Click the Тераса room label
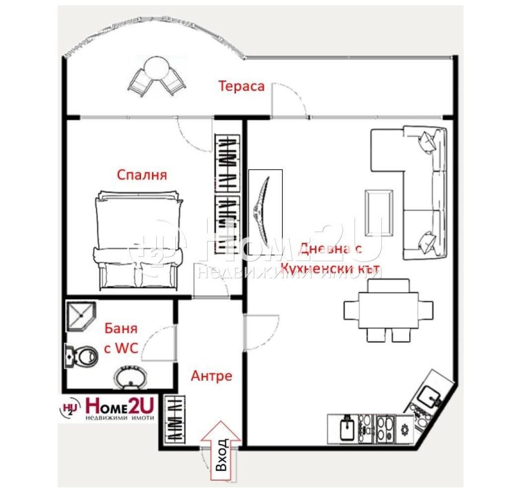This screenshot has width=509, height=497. point(241,86)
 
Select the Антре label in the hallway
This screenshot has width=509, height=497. point(211,376)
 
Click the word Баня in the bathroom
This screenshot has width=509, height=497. point(121,329)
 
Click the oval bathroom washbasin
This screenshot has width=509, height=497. point(130,377)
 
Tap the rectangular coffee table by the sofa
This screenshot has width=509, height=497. point(378,213)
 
